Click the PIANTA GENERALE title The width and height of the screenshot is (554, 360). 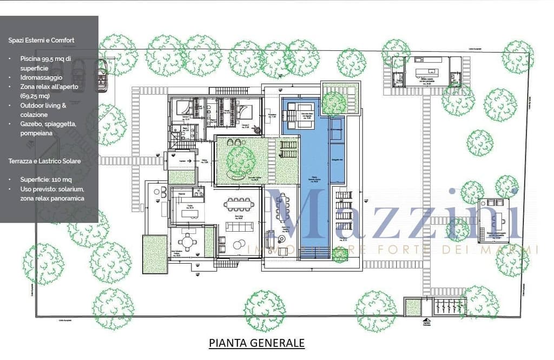(256, 343)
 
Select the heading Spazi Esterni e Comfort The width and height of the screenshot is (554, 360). (41, 40)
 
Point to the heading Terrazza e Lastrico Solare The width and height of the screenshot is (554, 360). (44, 161)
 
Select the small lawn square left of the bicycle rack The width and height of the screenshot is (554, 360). (413, 307)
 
